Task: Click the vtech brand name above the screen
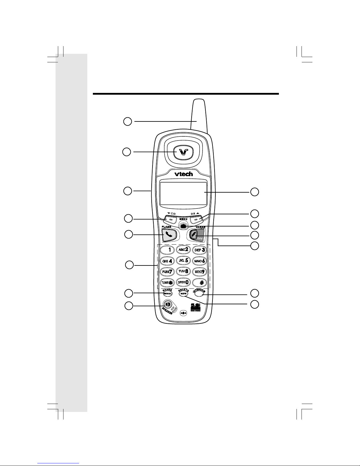point(184,174)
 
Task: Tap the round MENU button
point(183,226)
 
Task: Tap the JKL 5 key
point(183,260)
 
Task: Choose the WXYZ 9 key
point(199,271)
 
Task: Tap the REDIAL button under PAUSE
point(168,293)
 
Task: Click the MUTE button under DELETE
point(183,293)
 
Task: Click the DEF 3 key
point(199,250)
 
